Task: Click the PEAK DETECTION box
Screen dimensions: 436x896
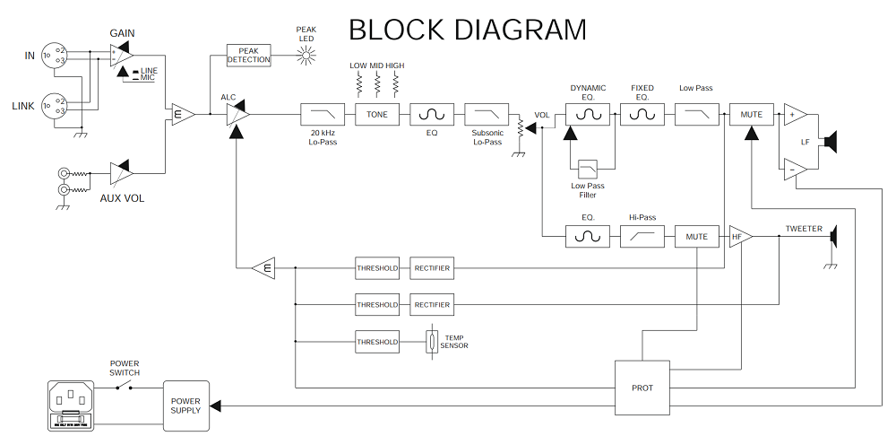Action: point(248,55)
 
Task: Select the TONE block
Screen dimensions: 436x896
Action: point(376,115)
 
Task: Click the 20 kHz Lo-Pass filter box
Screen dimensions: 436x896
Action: point(321,115)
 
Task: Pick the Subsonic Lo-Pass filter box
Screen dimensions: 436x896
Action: point(486,115)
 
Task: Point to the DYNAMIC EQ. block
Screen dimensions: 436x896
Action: point(588,115)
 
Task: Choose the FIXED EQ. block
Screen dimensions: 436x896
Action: point(642,115)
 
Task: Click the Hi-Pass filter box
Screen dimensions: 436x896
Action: point(642,236)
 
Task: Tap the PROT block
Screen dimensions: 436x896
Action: point(642,388)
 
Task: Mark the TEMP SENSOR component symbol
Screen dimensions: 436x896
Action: point(432,342)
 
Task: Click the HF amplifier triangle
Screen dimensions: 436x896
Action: point(739,236)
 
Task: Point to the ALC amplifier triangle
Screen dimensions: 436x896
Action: point(237,115)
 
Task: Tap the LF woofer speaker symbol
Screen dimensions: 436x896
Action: point(831,141)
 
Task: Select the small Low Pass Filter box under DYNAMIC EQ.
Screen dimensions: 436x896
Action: point(588,169)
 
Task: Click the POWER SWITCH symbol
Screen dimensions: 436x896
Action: point(125,387)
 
